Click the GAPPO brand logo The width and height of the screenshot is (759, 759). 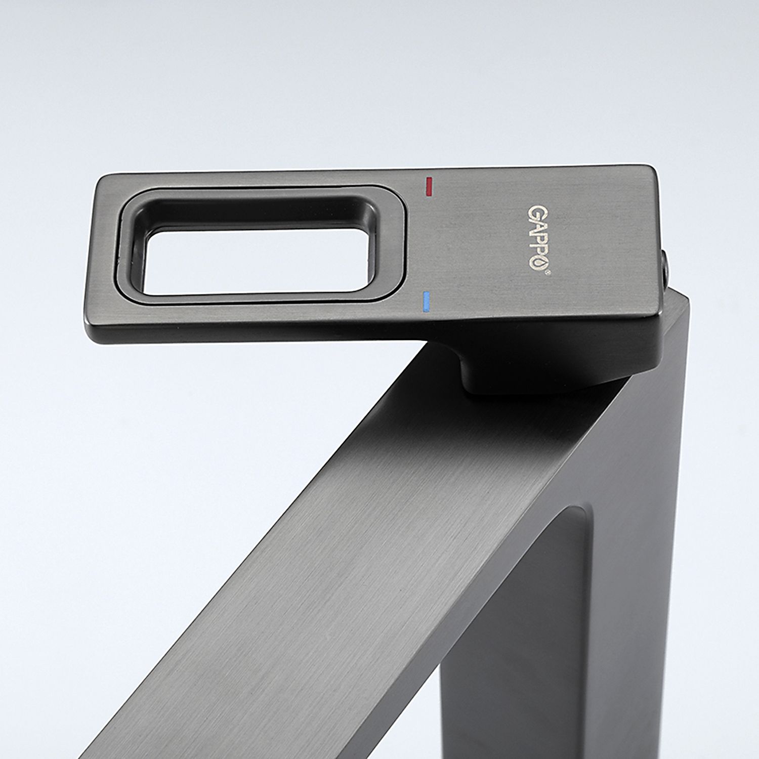538,238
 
